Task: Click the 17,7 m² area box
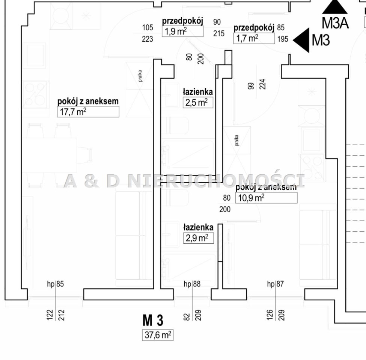[88, 112]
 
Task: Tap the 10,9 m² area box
[266, 198]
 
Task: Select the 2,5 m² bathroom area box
[198, 103]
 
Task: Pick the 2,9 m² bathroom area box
[199, 238]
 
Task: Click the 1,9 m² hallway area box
[182, 31]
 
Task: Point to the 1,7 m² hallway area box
[254, 38]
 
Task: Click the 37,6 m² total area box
[158, 335]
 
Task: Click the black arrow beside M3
[301, 40]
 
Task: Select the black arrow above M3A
[335, 6]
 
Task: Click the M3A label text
[335, 23]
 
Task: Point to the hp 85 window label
[55, 284]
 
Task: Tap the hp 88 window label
[192, 284]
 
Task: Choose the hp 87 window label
[276, 284]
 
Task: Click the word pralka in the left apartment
[140, 76]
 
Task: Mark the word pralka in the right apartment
[237, 140]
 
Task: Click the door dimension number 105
[148, 27]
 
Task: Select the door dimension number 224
[262, 84]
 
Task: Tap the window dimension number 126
[270, 315]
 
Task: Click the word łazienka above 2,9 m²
[199, 227]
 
